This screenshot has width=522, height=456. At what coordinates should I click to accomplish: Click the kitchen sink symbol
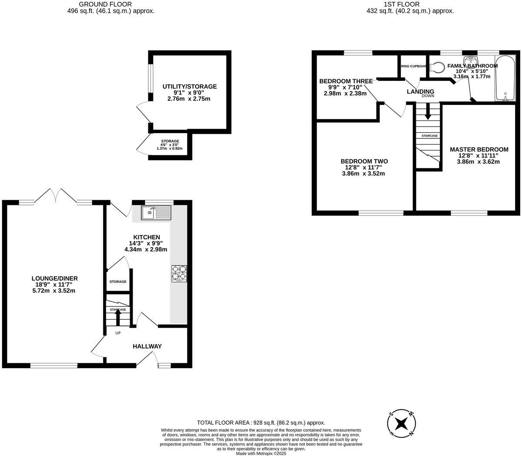157,213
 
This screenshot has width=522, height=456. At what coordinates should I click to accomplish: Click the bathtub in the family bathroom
505,78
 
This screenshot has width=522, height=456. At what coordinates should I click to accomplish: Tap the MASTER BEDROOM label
479,149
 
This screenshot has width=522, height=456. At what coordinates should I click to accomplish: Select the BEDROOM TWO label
364,161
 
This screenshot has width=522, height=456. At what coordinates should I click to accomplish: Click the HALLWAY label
147,346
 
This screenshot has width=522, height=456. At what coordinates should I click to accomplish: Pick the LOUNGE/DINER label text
54,278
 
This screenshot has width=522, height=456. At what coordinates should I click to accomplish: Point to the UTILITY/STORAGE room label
189,87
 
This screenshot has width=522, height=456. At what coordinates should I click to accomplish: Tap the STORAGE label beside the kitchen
118,282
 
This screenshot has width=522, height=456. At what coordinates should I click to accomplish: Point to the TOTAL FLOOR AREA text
261,422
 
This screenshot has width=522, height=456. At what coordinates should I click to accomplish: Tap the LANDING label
420,91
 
